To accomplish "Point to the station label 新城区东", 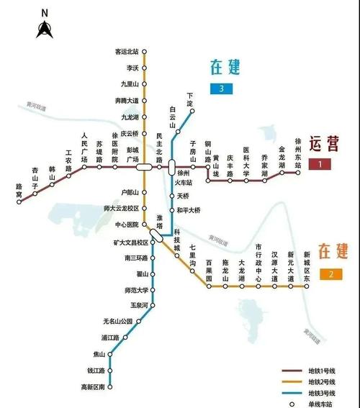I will pos(307,266).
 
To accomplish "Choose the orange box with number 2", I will pos(330,273).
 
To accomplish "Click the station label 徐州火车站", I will pos(183,177).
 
